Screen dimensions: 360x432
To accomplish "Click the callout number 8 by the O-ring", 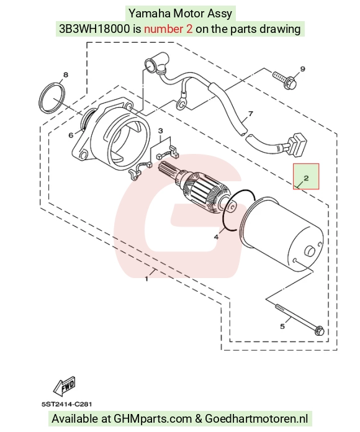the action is pos(66,75).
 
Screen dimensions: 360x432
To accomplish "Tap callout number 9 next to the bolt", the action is pos(302,69).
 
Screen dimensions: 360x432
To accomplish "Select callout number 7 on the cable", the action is pos(251,114).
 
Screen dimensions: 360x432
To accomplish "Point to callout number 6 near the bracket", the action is pos(71,135).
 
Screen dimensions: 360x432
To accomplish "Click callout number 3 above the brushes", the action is pos(160,130).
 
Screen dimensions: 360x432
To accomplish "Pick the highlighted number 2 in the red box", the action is pos(306,178).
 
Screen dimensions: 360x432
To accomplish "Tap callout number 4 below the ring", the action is pos(216,236).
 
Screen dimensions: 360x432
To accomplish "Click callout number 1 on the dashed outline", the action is pos(146,279).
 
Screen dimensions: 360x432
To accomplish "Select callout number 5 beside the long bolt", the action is pos(282,326).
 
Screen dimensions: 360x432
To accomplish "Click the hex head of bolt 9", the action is pos(290,83).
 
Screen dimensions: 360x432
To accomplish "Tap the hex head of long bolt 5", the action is pos(320,330).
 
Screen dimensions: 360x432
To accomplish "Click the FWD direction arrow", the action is pos(65,385).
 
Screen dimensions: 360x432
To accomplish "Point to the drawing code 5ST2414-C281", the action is pos(66,405).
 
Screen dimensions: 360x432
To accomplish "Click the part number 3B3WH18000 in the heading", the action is pos(94,29).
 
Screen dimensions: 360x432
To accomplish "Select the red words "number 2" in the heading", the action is pos(168,29).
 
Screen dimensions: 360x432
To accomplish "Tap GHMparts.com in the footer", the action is pos(153,418).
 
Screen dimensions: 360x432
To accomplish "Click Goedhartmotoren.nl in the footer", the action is pos(256,418).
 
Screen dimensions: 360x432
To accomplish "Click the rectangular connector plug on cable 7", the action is pos(296,145).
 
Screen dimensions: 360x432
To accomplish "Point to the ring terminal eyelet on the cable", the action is pos(181,104).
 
